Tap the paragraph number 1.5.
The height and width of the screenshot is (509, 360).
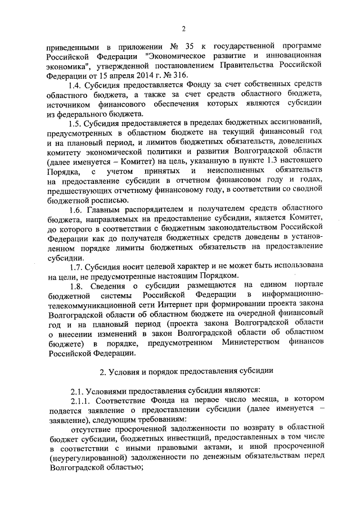tap(76, 123)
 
